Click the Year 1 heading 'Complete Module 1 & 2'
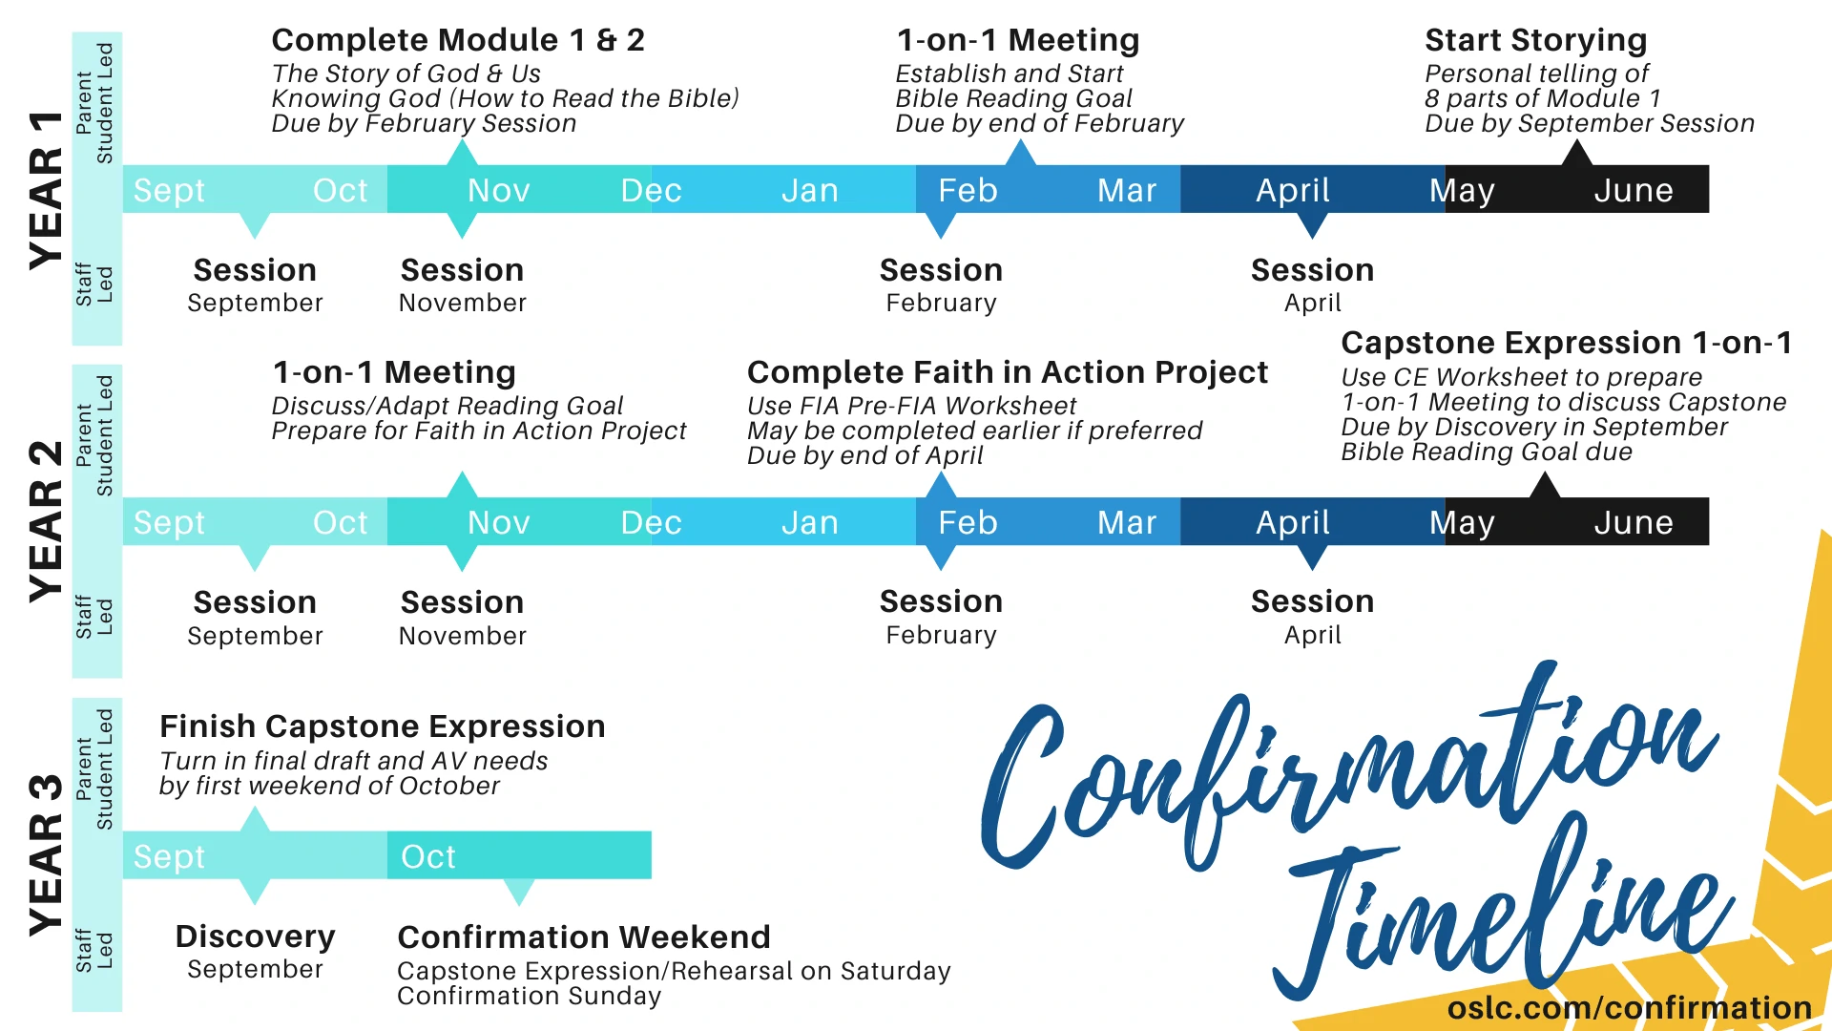(458, 40)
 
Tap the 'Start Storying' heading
(1536, 41)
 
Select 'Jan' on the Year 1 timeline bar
(810, 190)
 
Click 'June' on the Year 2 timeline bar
(1634, 522)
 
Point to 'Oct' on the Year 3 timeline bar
(428, 856)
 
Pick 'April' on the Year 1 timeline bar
(1293, 191)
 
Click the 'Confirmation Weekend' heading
(584, 936)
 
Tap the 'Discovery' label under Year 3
(256, 936)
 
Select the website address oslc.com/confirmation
(1630, 1007)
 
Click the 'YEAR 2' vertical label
(46, 521)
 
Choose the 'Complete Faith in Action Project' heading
(1008, 372)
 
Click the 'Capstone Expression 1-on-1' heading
(1567, 343)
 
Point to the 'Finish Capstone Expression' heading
(383, 726)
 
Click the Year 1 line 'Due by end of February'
(1040, 123)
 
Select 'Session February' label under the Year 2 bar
(941, 618)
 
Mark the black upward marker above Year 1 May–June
(1576, 152)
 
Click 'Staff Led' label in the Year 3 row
(94, 950)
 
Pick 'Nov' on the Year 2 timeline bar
(499, 522)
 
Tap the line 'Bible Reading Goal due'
(1487, 452)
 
